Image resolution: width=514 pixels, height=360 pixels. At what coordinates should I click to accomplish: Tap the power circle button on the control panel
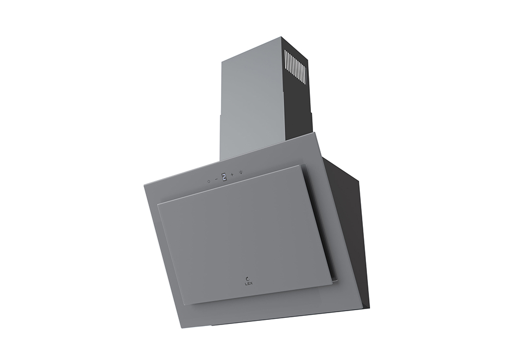209,182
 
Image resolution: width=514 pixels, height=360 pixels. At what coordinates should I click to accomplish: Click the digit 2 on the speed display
224,177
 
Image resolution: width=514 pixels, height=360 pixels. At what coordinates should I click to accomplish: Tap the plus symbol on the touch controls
232,174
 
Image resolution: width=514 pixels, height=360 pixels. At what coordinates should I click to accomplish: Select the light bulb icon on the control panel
241,172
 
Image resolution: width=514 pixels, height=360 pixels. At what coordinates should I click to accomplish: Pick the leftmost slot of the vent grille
286,62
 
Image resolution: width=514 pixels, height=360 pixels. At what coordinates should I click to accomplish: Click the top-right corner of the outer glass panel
315,133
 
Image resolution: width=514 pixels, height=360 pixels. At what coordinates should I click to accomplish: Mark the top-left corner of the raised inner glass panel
158,205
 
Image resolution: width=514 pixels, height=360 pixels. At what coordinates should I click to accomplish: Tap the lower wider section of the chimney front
247,139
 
